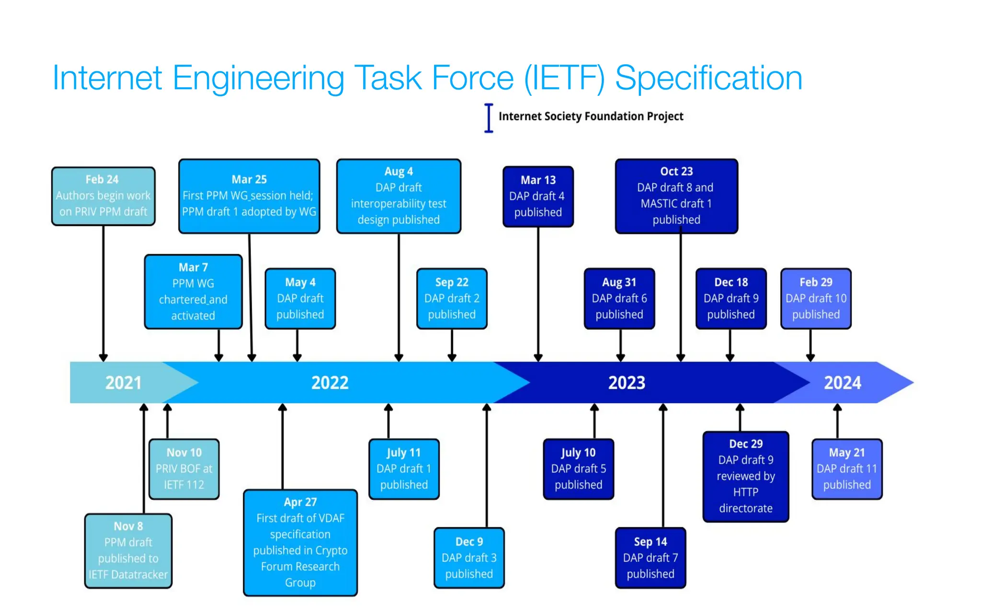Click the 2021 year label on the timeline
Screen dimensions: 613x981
pyautogui.click(x=123, y=383)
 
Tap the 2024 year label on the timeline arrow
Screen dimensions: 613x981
pyautogui.click(x=842, y=383)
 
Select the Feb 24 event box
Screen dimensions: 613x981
pyautogui.click(x=103, y=196)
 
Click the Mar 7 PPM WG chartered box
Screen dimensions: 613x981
pyautogui.click(x=193, y=291)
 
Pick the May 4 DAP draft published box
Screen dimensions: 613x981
pyautogui.click(x=300, y=298)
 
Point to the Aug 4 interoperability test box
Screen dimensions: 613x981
pyautogui.click(x=399, y=196)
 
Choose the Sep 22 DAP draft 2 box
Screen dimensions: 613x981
pyautogui.click(x=452, y=298)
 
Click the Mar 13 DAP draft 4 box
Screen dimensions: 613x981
pyautogui.click(x=538, y=196)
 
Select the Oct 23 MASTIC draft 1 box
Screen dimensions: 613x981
pyautogui.click(x=676, y=196)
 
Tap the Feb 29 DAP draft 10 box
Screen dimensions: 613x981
pyautogui.click(x=816, y=298)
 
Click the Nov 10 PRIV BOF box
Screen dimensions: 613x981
pyautogui.click(x=184, y=469)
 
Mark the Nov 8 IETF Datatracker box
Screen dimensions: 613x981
pyautogui.click(x=128, y=551)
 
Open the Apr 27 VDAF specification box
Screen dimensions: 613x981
pyautogui.click(x=300, y=542)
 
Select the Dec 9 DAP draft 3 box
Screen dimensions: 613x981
pyautogui.click(x=469, y=558)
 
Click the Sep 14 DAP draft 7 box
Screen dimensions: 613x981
pyautogui.click(x=650, y=558)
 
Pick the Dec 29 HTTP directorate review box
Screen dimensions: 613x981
pyautogui.click(x=745, y=476)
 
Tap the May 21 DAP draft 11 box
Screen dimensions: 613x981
pyautogui.click(x=847, y=469)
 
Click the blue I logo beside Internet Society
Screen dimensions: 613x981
pyautogui.click(x=489, y=118)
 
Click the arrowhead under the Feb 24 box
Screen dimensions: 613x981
pyautogui.click(x=103, y=358)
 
